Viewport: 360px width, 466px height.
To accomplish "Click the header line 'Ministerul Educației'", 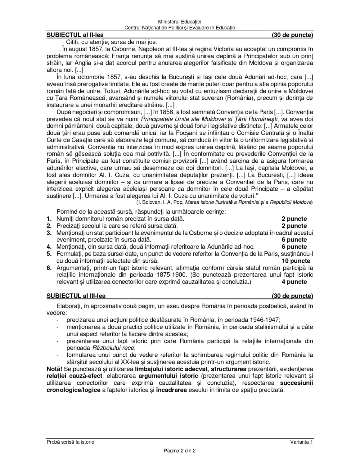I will click(x=180, y=22).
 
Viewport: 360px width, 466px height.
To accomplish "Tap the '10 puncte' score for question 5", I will click(x=296, y=261).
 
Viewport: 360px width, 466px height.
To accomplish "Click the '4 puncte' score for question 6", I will click(x=294, y=282).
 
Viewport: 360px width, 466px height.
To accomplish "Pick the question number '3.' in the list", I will click(x=49, y=233).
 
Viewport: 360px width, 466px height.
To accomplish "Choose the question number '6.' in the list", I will click(x=49, y=268).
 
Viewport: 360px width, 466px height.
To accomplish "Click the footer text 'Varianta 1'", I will click(x=302, y=442).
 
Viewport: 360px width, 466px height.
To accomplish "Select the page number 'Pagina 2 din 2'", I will click(x=180, y=451).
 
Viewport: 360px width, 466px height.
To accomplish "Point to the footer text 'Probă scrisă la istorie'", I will click(x=70, y=442).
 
